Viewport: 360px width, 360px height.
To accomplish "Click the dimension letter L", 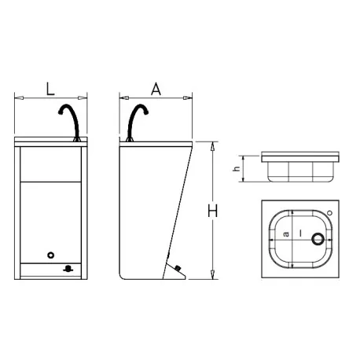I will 50,89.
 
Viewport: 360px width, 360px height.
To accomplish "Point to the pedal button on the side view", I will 179,267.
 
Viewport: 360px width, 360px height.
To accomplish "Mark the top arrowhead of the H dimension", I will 212,145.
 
